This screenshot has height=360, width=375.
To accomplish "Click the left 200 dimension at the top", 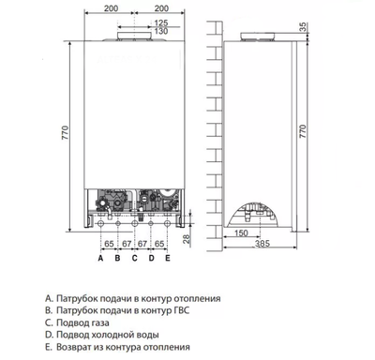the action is point(137,7).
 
